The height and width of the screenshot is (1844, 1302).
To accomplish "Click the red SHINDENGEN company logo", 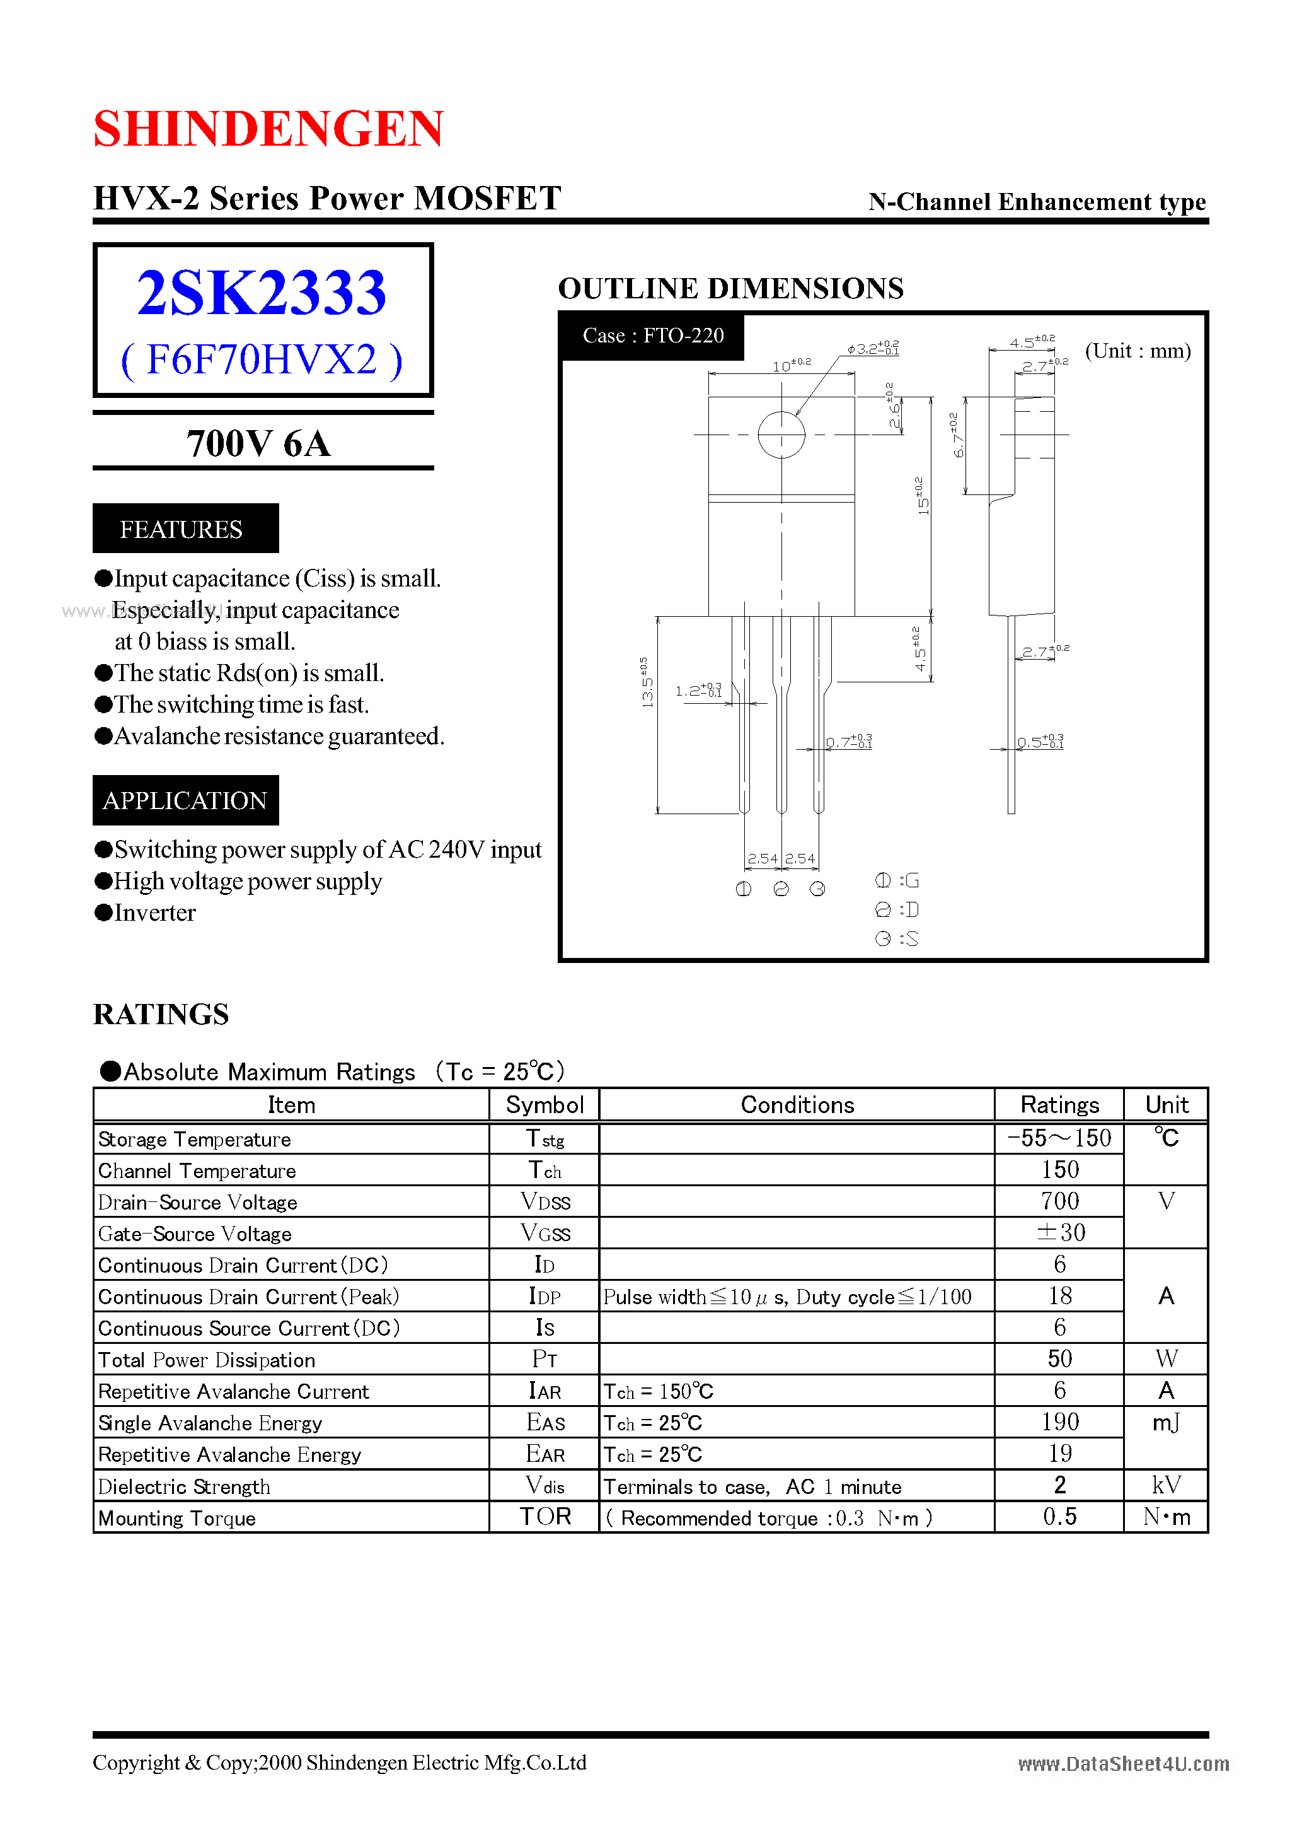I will (x=268, y=129).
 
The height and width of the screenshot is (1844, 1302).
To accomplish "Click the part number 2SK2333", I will (x=262, y=293).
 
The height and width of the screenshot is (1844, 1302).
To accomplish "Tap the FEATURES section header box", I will (x=185, y=528).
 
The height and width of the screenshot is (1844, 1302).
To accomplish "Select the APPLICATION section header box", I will (x=185, y=800).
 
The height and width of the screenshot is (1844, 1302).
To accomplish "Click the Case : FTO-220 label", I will (x=653, y=336).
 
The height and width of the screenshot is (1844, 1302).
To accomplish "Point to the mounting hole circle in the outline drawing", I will (x=781, y=435).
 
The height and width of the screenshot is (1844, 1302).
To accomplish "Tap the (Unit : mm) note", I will (x=1138, y=351).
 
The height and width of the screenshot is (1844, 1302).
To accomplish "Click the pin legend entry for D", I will (x=897, y=909).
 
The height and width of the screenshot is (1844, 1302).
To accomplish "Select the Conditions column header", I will (x=797, y=1105).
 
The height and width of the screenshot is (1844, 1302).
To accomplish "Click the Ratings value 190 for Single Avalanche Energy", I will (x=1059, y=1422).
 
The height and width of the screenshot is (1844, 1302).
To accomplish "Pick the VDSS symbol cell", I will (x=545, y=1201).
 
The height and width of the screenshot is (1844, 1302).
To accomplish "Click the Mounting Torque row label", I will (x=177, y=1518).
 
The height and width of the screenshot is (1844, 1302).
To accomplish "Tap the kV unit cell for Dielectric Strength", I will (x=1167, y=1486).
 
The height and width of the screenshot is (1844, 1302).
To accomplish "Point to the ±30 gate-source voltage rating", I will (x=1059, y=1233).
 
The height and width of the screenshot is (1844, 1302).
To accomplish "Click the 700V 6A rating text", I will (x=258, y=443).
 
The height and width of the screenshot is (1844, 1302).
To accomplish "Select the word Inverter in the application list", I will (x=155, y=913).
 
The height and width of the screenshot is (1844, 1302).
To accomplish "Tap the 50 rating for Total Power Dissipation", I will (x=1059, y=1359).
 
